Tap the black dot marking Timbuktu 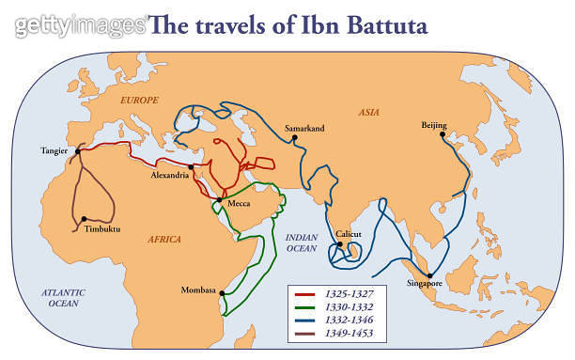pyautogui.click(x=84, y=219)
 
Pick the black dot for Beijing pyautogui.click(x=444, y=134)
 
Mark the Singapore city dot pyautogui.click(x=427, y=274)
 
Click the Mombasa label pyautogui.click(x=198, y=290)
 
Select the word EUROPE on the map pyautogui.click(x=139, y=100)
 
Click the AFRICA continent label pyautogui.click(x=163, y=240)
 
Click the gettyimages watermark pyautogui.click(x=80, y=24)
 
